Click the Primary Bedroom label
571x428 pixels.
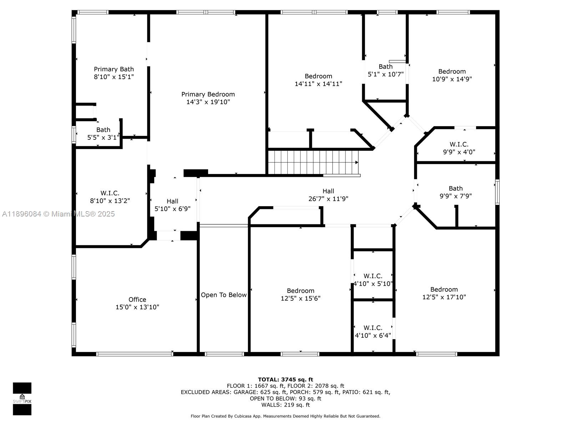[x=208, y=95]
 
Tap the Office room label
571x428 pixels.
[x=137, y=300]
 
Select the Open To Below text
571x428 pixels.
[x=224, y=295]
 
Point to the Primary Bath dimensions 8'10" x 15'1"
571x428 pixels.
[x=114, y=77]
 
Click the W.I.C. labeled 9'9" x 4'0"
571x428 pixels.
[x=459, y=148]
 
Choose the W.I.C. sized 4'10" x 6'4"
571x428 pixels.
[x=373, y=332]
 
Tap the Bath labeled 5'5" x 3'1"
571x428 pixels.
[x=103, y=133]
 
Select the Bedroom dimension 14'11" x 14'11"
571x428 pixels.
[x=318, y=84]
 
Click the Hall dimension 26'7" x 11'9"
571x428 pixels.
[x=328, y=199]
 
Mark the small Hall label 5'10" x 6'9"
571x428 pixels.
[x=172, y=205]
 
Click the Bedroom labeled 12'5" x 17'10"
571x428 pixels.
[x=444, y=293]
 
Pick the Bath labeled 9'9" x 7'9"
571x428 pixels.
[x=456, y=192]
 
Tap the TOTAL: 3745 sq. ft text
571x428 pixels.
[x=285, y=379]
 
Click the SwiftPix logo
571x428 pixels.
[x=22, y=398]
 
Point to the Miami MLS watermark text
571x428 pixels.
[x=59, y=214]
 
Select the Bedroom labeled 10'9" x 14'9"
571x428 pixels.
[x=452, y=75]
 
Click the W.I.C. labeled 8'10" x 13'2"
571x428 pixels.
[x=110, y=197]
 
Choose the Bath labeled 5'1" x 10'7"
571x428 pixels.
[x=385, y=70]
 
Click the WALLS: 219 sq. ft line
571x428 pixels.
[x=285, y=405]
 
